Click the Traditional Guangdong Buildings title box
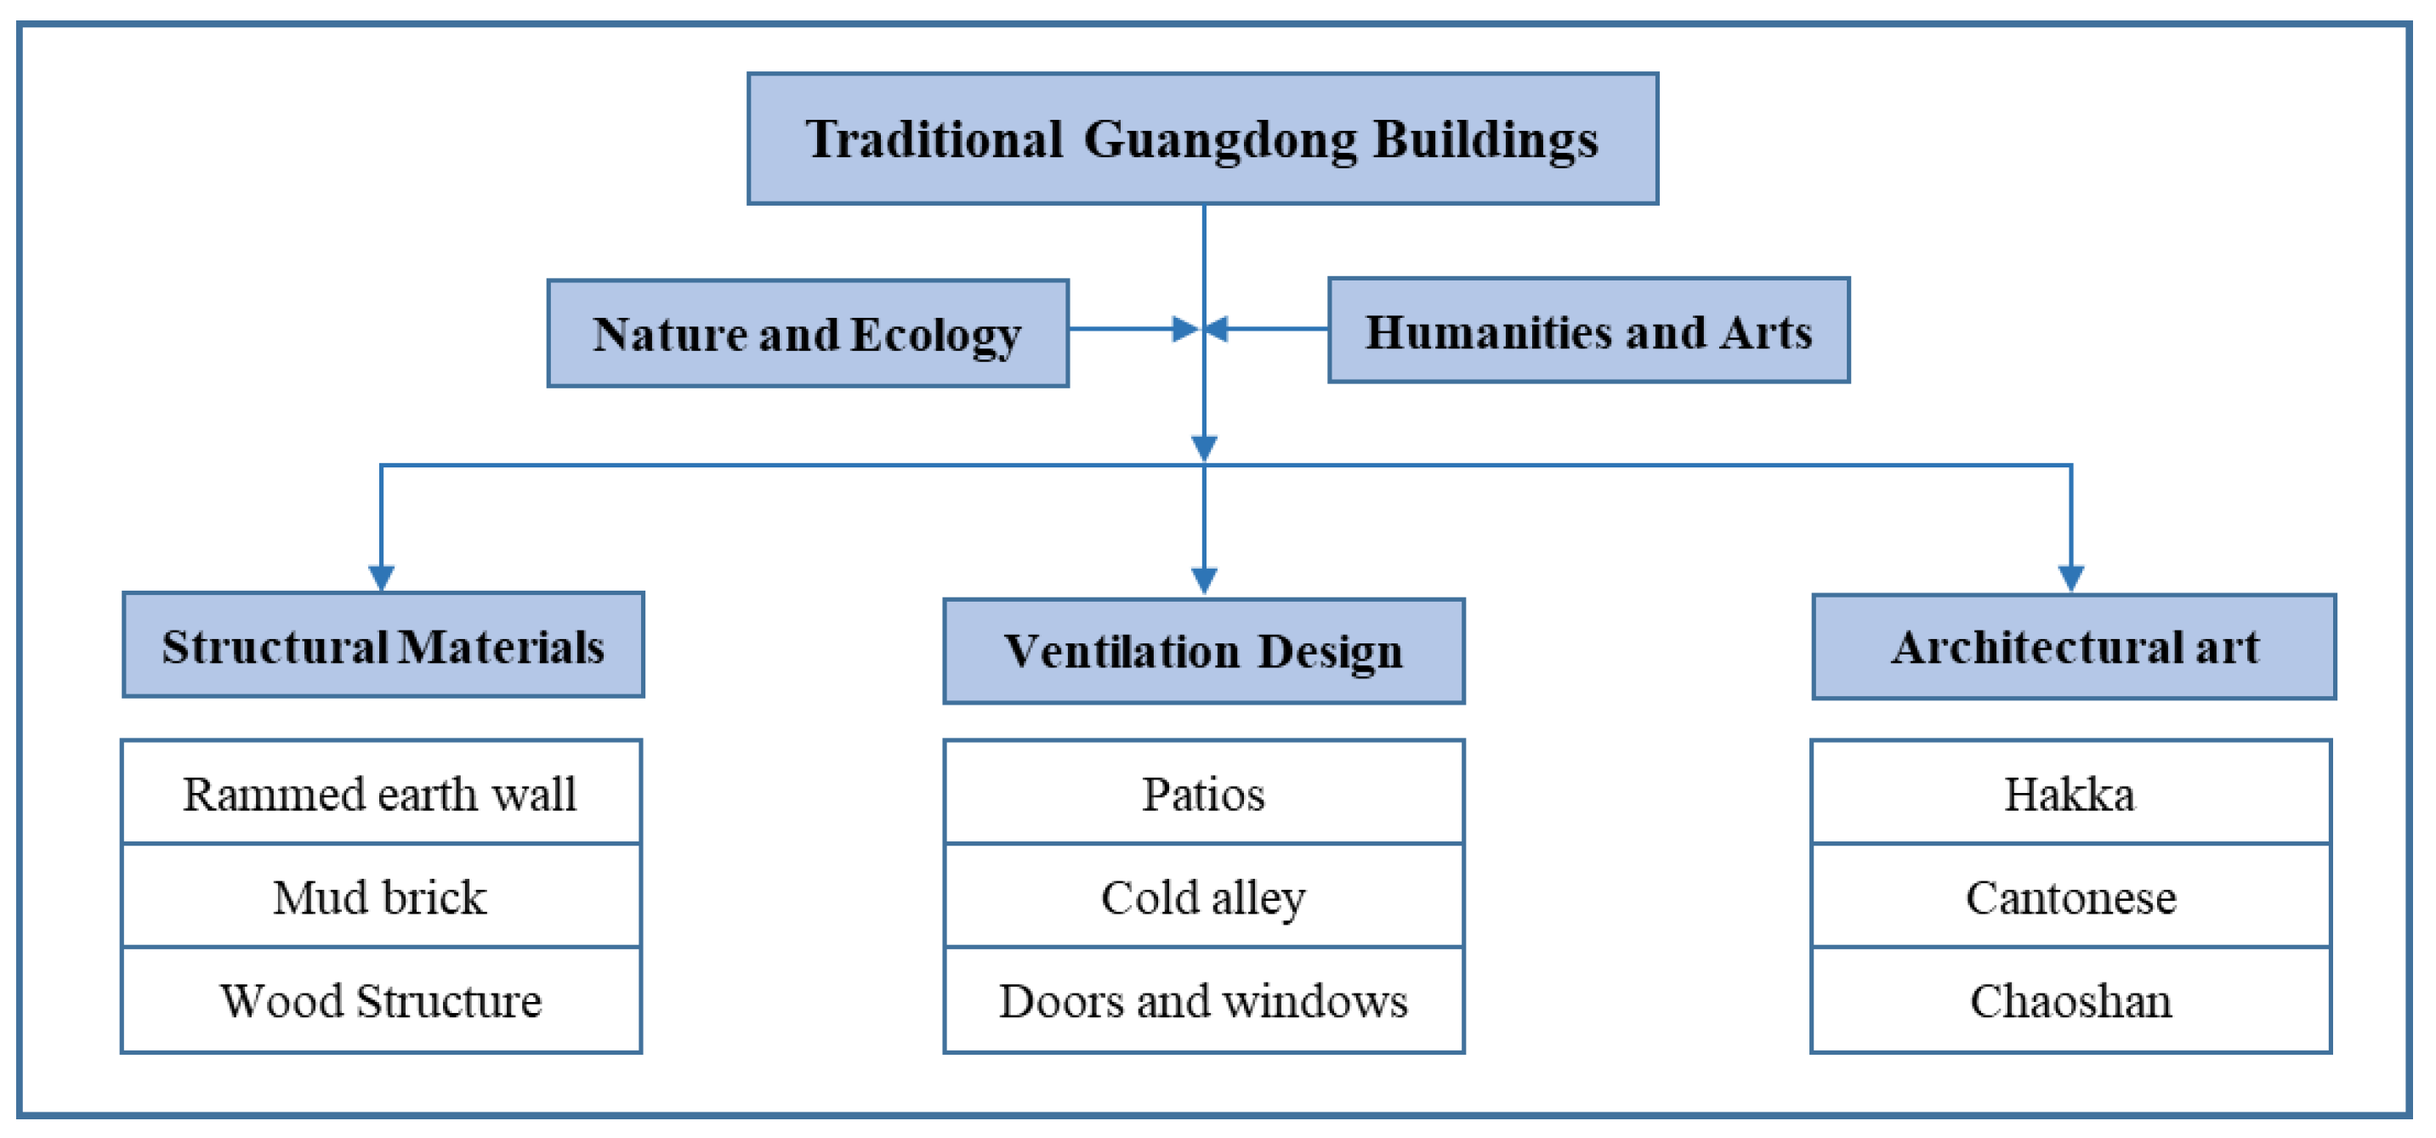click(1202, 139)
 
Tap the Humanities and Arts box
click(1587, 330)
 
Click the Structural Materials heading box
click(383, 646)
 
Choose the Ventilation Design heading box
click(1203, 651)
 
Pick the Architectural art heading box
click(2073, 647)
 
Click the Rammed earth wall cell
click(381, 792)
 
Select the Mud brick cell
click(381, 896)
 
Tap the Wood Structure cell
click(381, 1000)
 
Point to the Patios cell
click(1203, 792)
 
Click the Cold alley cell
click(1203, 896)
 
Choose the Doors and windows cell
click(1203, 1000)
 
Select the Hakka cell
click(2070, 792)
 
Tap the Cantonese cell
click(2070, 896)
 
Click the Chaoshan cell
click(2070, 1000)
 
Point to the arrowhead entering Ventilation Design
click(1203, 580)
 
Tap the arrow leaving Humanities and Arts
click(1267, 329)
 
